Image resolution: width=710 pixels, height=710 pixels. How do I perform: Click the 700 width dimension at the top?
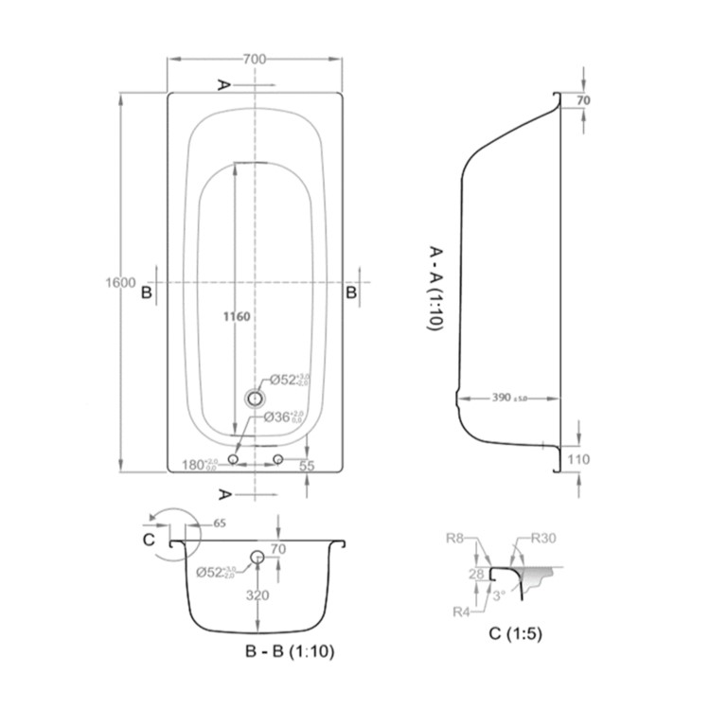254,59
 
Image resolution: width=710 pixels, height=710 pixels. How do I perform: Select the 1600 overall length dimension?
120,282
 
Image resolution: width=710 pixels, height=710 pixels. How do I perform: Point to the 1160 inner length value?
238,317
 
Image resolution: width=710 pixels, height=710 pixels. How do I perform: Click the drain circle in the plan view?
254,399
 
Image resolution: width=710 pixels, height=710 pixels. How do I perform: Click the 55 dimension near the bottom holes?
307,465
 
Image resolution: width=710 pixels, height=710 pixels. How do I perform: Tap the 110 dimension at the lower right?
578,459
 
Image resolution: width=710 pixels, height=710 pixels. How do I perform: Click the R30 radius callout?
543,538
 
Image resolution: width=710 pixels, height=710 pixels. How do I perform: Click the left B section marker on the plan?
147,293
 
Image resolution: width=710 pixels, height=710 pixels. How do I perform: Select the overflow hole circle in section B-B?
257,557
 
